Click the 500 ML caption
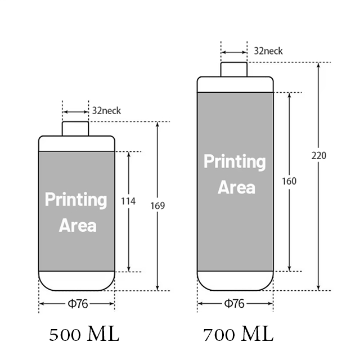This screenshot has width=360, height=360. pyautogui.click(x=84, y=334)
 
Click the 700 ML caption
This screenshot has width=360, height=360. pyautogui.click(x=238, y=334)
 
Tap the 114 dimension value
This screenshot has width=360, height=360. pyautogui.click(x=128, y=201)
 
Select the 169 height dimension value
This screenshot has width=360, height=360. pyautogui.click(x=157, y=206)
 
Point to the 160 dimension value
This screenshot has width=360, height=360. pyautogui.click(x=289, y=181)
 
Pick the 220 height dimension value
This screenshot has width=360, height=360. pyautogui.click(x=319, y=156)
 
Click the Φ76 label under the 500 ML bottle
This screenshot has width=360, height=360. pyautogui.click(x=78, y=304)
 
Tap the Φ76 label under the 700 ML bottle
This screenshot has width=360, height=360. pyautogui.click(x=234, y=304)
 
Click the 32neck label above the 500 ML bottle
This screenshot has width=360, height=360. pyautogui.click(x=106, y=111)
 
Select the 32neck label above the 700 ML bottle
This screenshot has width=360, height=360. pyautogui.click(x=268, y=51)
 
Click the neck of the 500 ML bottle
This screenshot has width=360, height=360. pyautogui.click(x=75, y=129)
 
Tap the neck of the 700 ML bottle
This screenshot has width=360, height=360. pyautogui.click(x=234, y=69)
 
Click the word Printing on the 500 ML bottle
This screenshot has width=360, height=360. pyautogui.click(x=76, y=200)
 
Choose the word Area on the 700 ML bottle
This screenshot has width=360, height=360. pyautogui.click(x=236, y=187)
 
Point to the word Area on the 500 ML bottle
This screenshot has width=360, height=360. pyautogui.click(x=78, y=226)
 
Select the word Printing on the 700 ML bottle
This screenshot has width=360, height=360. pyautogui.click(x=235, y=162)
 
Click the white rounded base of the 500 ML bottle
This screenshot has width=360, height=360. pyautogui.click(x=76, y=281)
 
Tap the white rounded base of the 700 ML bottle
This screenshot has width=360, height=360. pyautogui.click(x=235, y=281)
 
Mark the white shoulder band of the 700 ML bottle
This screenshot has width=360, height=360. pyautogui.click(x=235, y=84)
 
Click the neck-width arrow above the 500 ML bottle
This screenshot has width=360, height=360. pyautogui.click(x=75, y=112)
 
